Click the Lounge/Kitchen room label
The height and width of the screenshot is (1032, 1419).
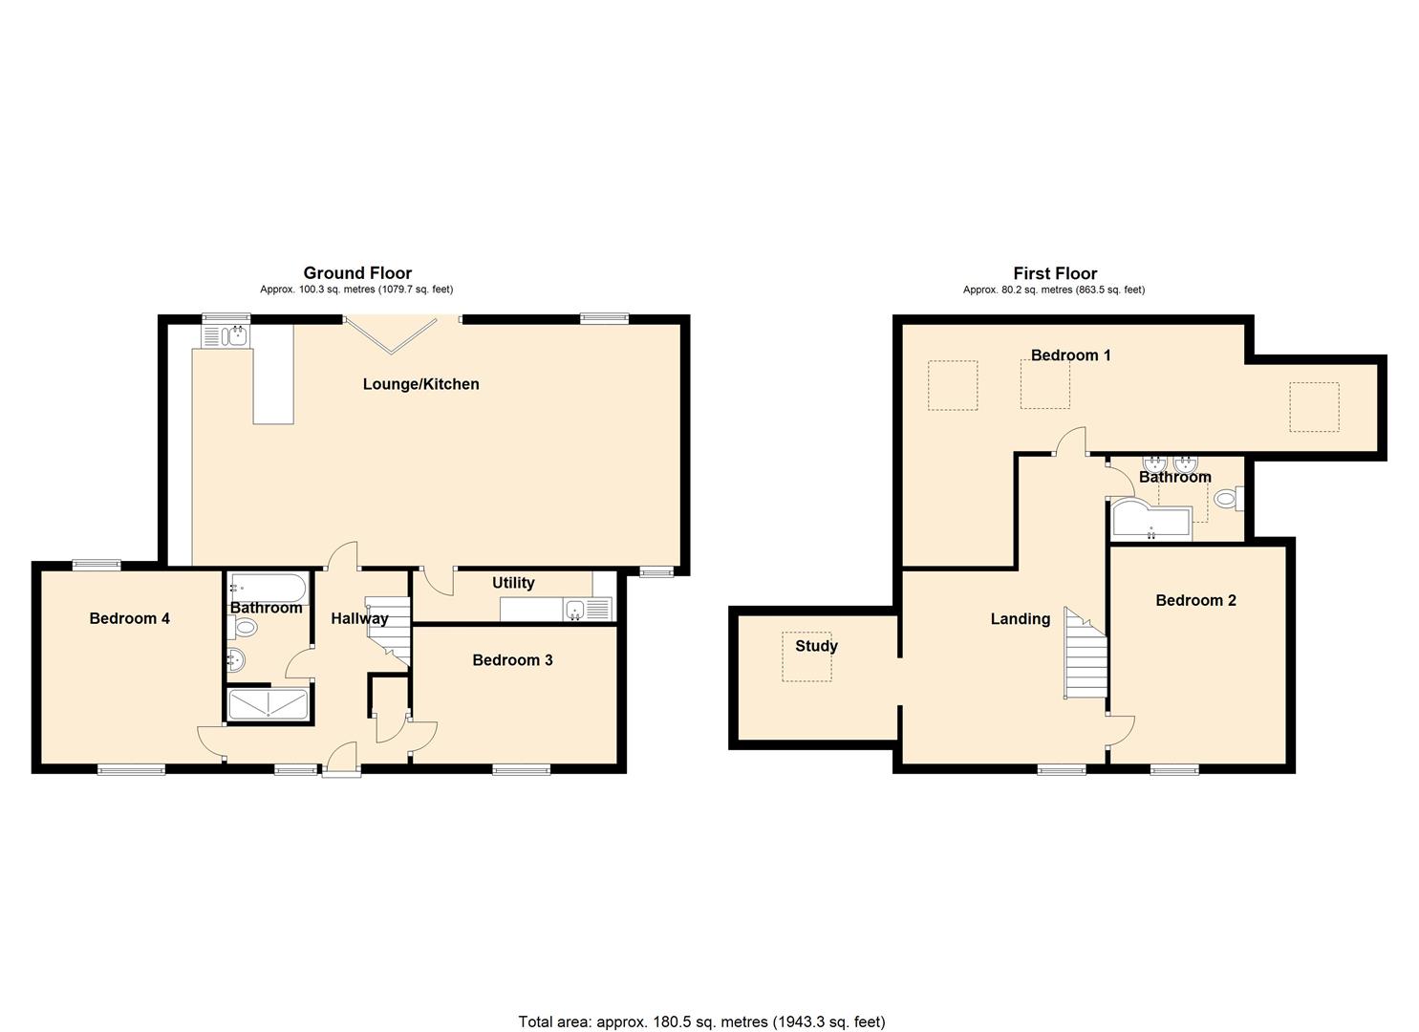(420, 384)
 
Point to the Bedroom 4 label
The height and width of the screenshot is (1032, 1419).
(129, 618)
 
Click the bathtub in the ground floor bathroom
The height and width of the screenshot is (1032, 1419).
(268, 587)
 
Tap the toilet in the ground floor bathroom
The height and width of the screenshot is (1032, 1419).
(244, 628)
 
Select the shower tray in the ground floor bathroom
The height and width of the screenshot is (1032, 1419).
(269, 704)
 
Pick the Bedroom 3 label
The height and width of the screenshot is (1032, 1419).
(512, 660)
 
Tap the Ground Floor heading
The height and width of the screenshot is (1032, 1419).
(357, 273)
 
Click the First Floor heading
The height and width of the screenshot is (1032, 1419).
(1055, 273)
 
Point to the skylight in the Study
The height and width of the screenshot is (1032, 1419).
(806, 656)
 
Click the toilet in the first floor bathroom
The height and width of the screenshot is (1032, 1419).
(1227, 499)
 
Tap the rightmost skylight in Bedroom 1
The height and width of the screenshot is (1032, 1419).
(1314, 407)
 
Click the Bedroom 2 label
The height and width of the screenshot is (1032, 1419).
(1195, 600)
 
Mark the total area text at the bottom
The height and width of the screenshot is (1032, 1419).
(701, 1021)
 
